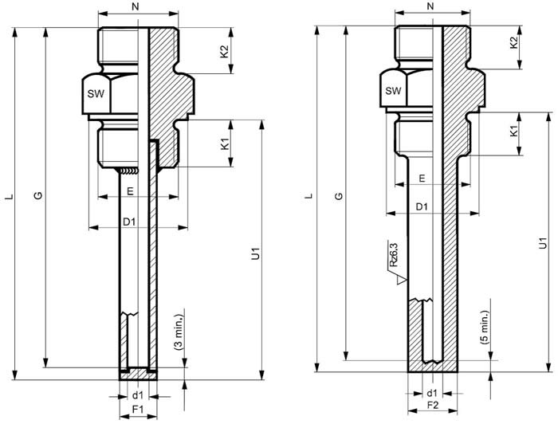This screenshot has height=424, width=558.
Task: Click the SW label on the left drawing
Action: click(x=96, y=94)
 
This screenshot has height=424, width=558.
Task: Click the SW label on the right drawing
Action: click(x=393, y=91)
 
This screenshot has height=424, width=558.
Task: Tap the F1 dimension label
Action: click(x=138, y=410)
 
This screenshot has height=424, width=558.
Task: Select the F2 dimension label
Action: click(x=433, y=405)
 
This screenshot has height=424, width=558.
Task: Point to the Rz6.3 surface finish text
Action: click(x=393, y=255)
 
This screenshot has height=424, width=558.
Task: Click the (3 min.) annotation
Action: click(x=179, y=332)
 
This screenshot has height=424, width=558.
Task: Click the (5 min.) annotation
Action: click(x=485, y=328)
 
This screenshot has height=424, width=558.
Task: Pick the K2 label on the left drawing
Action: click(x=225, y=51)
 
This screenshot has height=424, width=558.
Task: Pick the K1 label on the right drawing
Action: click(x=513, y=133)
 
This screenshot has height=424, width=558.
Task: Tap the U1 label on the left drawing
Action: click(x=256, y=253)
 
